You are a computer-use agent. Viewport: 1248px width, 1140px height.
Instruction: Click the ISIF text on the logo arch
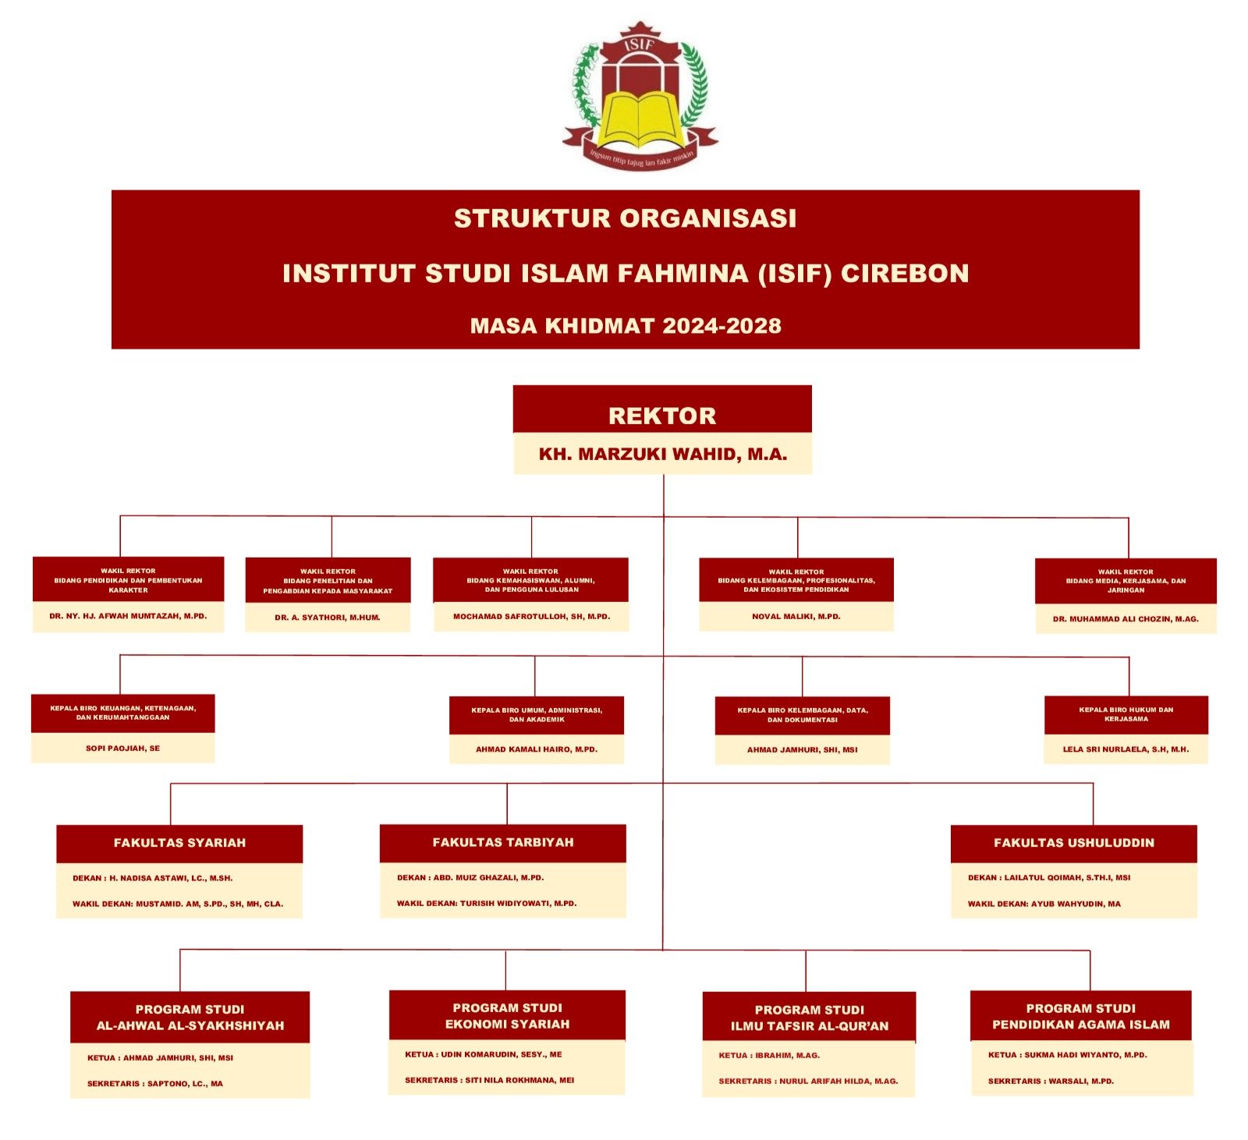coord(640,45)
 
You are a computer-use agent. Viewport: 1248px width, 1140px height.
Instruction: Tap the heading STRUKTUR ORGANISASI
coord(625,218)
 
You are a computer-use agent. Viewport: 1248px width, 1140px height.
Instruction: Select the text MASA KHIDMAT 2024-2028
coord(625,326)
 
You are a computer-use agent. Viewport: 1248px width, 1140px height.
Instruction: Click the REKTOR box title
coord(662,416)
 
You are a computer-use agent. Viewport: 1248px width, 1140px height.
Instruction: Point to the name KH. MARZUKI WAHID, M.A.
coord(662,455)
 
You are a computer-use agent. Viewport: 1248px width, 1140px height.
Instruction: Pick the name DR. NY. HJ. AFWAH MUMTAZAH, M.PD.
coord(128,616)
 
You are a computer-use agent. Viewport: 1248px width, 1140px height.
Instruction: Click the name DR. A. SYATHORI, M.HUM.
coord(328,618)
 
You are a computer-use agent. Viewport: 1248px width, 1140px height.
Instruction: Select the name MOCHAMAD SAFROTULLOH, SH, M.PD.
coord(531,617)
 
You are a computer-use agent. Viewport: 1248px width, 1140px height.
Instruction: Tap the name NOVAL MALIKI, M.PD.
coord(796,617)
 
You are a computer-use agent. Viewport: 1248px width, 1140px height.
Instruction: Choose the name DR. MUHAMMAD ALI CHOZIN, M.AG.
coord(1126,619)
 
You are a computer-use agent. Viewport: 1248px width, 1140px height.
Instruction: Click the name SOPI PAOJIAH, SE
coord(122,749)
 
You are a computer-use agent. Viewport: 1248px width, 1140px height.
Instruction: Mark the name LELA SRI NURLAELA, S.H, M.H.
coord(1126,749)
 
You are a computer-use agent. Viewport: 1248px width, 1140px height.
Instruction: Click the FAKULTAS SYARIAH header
coord(179,843)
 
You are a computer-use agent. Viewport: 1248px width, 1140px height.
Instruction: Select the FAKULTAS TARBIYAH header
coord(503,842)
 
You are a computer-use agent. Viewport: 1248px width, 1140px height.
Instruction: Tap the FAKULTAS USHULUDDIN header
coord(1074,843)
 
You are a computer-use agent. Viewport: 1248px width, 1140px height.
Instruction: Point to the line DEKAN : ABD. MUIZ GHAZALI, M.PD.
coord(470,878)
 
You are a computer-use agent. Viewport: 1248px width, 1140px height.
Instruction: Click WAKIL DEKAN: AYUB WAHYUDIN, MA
coord(1044,905)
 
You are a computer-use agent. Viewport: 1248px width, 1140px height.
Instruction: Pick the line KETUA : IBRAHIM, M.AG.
coord(769,1056)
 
